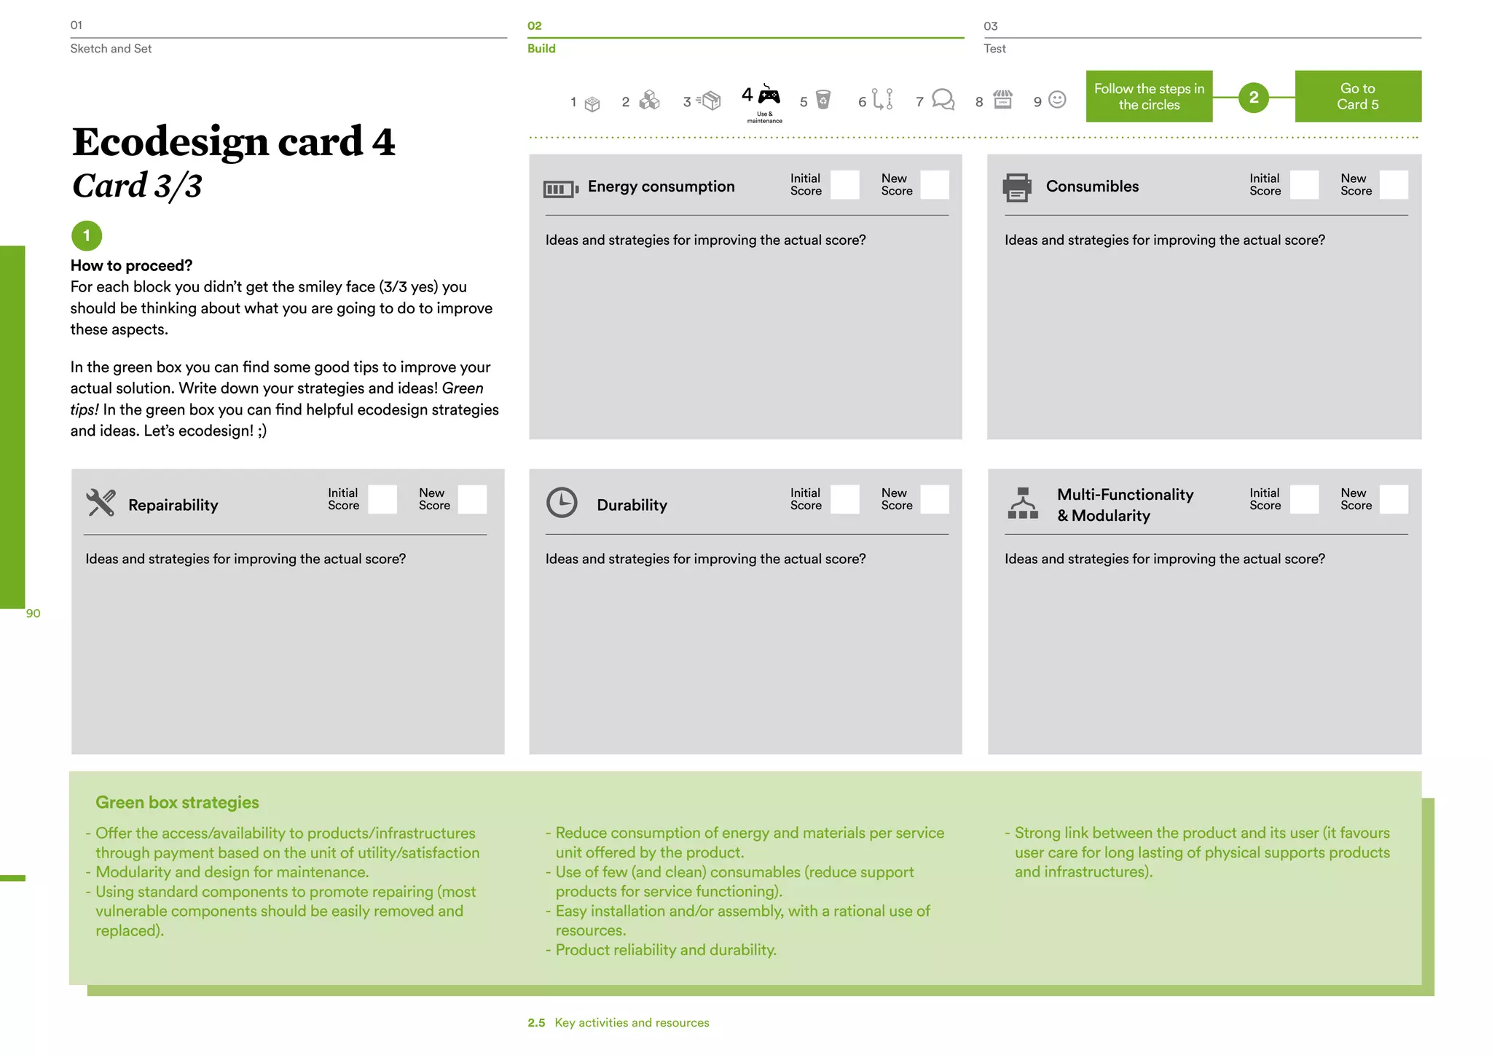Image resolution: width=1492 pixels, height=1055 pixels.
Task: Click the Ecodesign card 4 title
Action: (233, 141)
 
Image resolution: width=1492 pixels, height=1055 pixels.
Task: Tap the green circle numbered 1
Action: (87, 235)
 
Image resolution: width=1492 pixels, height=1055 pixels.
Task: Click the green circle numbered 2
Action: (1253, 97)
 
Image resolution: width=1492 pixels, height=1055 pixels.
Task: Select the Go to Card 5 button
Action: (1357, 96)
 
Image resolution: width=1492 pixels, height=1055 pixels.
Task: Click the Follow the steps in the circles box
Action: (1149, 96)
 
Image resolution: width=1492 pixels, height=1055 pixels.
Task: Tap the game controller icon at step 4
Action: (769, 95)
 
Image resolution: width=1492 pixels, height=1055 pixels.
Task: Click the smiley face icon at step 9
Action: (1057, 100)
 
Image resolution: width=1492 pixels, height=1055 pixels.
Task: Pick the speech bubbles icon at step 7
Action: (943, 99)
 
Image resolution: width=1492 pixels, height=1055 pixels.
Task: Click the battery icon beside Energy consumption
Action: (560, 189)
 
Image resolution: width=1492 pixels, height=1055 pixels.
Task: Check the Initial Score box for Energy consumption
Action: (845, 185)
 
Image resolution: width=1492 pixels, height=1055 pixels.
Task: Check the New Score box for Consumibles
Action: (1393, 185)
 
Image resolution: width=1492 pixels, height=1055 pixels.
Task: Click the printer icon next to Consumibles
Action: (1017, 187)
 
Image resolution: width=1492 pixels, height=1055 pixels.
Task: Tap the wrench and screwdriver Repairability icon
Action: (101, 503)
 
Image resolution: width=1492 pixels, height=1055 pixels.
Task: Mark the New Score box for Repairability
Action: (472, 500)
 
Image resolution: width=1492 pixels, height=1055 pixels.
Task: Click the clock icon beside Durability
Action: (562, 503)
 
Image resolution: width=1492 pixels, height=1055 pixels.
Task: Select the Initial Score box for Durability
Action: (845, 500)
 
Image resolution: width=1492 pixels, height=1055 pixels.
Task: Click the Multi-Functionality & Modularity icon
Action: (1023, 503)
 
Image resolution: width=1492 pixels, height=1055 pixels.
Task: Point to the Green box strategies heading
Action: (177, 802)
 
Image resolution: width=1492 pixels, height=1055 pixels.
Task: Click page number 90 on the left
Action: (34, 613)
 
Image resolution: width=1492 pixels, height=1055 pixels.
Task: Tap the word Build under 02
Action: (541, 49)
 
